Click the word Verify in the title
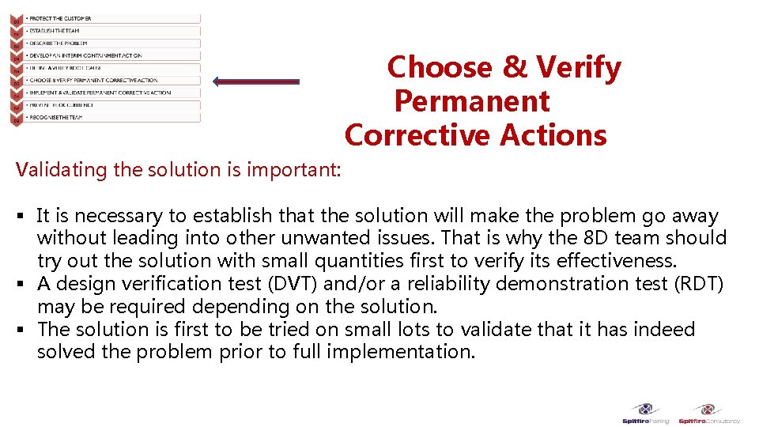tap(580, 68)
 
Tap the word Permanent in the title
tap(472, 102)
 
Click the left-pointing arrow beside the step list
tap(257, 81)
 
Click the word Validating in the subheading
tap(55, 169)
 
